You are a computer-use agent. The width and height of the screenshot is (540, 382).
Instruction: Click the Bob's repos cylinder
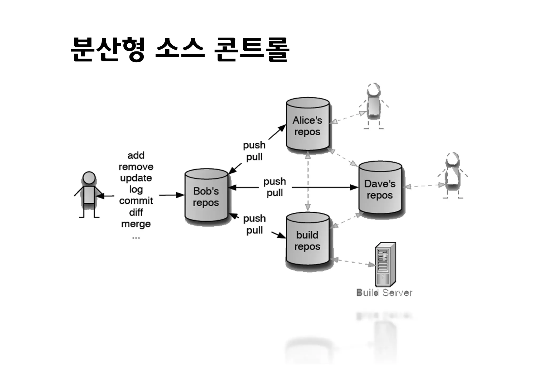(x=206, y=197)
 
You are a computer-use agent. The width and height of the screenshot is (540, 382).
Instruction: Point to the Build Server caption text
(x=384, y=293)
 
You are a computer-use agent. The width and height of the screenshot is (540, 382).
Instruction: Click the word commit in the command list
(x=136, y=201)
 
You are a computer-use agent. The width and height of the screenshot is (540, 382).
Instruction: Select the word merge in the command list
(x=136, y=224)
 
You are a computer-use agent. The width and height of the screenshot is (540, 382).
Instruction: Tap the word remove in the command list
(x=136, y=167)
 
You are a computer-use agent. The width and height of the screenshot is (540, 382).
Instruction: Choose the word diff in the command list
(x=136, y=212)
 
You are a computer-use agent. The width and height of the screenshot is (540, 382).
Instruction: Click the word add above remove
(x=136, y=155)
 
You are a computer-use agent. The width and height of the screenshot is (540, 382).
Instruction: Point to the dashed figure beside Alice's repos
(x=373, y=106)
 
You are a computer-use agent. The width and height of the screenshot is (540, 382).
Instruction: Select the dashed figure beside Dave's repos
(x=452, y=175)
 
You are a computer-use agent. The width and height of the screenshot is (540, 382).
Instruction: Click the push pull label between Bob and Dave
(x=274, y=187)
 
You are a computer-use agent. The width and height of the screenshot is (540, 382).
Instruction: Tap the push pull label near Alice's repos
(x=254, y=151)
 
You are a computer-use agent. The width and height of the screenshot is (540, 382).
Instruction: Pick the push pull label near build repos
(x=254, y=224)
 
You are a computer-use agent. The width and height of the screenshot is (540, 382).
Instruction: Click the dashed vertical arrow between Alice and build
(x=308, y=182)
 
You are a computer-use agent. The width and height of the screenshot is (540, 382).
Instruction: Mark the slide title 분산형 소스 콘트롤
(x=180, y=50)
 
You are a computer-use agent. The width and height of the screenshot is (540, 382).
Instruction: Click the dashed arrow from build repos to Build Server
(x=353, y=262)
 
